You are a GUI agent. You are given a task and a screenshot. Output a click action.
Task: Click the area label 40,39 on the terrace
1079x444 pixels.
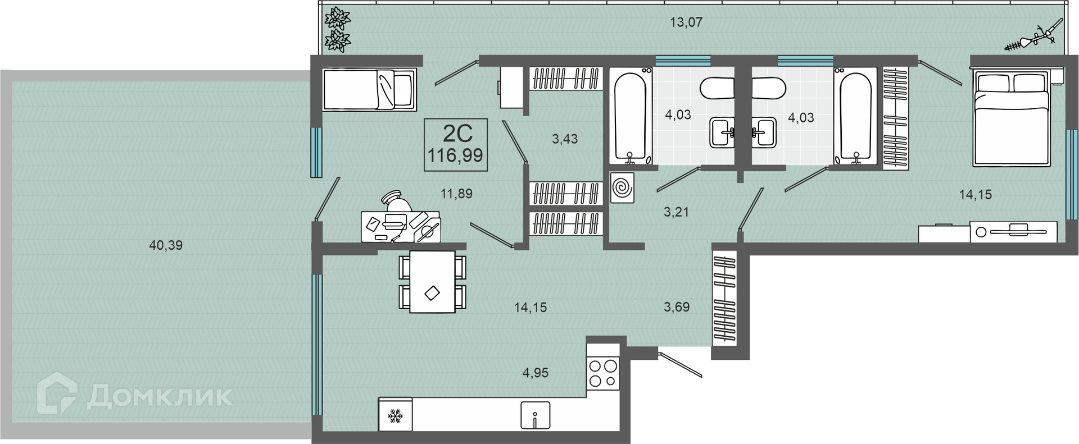166,245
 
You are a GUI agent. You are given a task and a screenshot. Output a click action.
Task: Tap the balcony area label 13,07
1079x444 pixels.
686,22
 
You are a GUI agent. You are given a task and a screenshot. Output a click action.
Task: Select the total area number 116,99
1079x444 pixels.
455,155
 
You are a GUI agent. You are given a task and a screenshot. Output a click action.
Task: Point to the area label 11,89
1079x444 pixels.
456,194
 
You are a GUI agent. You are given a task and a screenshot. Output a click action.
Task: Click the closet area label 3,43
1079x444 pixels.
565,139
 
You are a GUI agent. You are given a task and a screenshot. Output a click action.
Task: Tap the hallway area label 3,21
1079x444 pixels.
676,212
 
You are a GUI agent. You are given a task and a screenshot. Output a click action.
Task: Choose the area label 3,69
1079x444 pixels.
676,307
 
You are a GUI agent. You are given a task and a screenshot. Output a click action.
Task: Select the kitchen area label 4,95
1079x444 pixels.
535,373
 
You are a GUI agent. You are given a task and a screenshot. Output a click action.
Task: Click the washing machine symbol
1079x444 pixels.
623,187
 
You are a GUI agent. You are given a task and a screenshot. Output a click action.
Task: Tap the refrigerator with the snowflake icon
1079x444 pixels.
396,415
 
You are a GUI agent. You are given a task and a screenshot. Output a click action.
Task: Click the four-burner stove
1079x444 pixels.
602,373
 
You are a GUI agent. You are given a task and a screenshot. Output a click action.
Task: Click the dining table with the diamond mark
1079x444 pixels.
432,282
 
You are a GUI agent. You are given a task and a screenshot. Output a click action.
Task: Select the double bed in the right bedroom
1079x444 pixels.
1012,117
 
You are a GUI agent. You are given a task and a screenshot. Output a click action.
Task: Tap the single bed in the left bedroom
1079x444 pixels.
369,89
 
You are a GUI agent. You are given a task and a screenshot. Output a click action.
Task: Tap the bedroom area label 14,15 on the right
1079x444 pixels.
975,195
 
